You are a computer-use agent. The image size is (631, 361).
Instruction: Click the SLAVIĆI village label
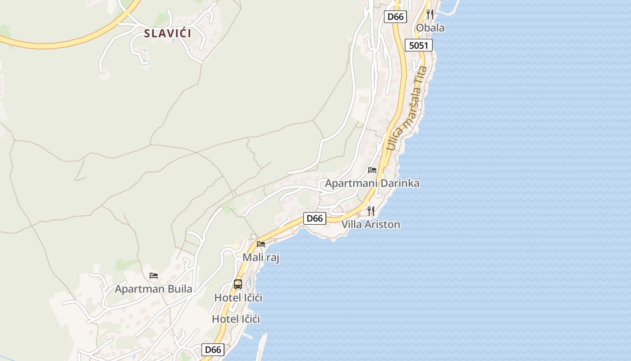click(x=168, y=33)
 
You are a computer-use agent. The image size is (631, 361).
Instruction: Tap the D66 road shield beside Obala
click(x=396, y=17)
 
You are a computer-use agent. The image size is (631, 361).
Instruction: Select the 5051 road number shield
click(x=419, y=45)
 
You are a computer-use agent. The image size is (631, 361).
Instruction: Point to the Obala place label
click(x=430, y=28)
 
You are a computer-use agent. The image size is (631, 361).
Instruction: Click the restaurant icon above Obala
click(x=430, y=14)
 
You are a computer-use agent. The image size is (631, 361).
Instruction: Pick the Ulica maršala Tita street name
click(x=407, y=108)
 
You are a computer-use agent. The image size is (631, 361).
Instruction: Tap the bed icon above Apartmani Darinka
click(x=372, y=170)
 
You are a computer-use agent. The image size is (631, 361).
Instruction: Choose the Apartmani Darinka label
click(x=372, y=183)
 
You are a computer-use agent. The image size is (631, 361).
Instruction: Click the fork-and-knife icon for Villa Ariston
click(x=371, y=211)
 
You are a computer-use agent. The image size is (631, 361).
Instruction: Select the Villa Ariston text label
click(x=370, y=224)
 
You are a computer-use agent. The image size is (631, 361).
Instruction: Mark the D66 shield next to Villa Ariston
click(x=315, y=218)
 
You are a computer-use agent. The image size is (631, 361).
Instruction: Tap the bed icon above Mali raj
click(x=261, y=244)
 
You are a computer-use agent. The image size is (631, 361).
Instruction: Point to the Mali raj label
click(x=261, y=258)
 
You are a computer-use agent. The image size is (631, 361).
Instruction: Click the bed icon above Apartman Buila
click(x=154, y=275)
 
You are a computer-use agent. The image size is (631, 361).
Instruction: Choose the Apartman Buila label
click(x=153, y=289)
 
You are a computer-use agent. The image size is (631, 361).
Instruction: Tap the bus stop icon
click(x=238, y=284)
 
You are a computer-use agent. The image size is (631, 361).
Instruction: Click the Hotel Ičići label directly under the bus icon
click(x=238, y=298)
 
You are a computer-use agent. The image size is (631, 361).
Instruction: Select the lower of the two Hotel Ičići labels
click(x=236, y=319)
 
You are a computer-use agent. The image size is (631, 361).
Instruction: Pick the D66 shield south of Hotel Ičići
click(x=213, y=350)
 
